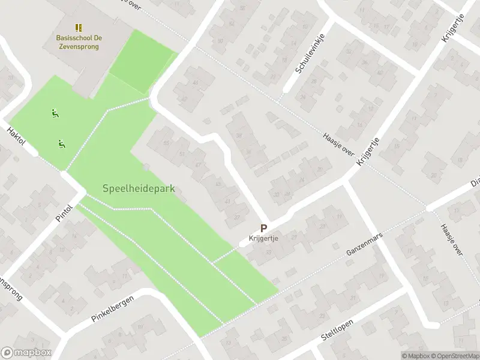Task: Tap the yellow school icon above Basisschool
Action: coord(79,28)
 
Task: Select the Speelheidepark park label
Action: coord(139,188)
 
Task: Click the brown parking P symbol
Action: coord(263,228)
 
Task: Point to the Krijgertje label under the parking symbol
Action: coord(263,238)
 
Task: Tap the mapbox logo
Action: coord(26,353)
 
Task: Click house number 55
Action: coord(166,143)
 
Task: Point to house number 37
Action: coord(238,218)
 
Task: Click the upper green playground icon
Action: coord(55,113)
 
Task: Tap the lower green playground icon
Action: coord(61,143)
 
